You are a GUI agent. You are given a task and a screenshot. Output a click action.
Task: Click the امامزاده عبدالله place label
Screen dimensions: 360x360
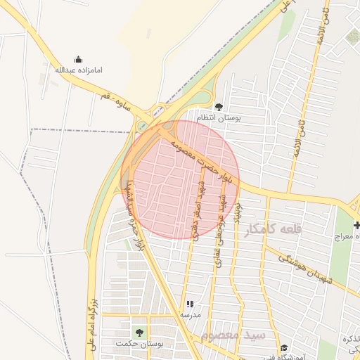78,70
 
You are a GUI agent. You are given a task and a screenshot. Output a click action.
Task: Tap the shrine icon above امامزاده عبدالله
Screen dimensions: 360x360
78,60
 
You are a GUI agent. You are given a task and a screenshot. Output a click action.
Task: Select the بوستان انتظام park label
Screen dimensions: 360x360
219,117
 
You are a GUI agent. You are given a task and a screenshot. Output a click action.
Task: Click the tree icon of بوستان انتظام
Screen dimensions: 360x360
219,107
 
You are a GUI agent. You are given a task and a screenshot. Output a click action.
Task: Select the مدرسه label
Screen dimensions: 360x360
190,314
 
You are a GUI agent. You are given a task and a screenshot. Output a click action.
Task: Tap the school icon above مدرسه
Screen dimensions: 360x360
190,304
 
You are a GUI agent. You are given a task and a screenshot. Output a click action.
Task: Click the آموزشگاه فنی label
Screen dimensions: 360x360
284,356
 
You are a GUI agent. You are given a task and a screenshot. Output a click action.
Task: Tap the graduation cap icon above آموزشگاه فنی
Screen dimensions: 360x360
284,347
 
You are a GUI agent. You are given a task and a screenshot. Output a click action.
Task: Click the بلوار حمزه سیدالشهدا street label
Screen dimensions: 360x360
133,216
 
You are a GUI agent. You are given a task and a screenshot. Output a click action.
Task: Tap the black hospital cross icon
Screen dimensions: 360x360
356,225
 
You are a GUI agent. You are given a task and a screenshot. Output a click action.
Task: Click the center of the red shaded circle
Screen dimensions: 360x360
180,179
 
